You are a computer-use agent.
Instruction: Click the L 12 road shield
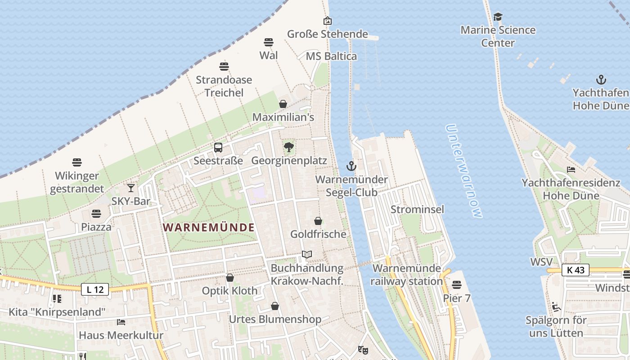(x=95, y=290)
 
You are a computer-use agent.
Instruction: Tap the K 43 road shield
(x=576, y=270)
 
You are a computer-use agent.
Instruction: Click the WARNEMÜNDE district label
(x=209, y=227)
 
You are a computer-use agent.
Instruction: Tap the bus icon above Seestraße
(x=218, y=147)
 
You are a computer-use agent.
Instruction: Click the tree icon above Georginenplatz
(x=289, y=147)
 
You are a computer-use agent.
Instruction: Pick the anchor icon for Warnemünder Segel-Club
(x=351, y=166)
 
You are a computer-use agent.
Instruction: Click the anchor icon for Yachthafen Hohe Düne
(x=601, y=80)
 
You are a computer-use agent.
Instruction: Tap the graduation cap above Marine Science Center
(x=498, y=17)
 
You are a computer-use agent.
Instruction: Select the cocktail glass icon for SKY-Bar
(x=131, y=188)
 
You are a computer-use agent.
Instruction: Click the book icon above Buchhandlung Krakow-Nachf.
(x=307, y=255)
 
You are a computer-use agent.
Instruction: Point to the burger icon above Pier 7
(x=457, y=285)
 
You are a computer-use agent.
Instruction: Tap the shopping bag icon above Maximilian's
(x=283, y=104)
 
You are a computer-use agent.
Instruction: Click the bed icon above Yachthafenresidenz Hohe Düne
(x=571, y=170)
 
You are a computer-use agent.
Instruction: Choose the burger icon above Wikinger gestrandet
(x=77, y=162)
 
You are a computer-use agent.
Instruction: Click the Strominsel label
(x=417, y=209)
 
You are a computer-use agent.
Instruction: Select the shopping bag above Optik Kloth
(x=230, y=278)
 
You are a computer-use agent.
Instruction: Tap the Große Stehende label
(x=328, y=34)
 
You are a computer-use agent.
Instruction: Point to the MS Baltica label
(x=331, y=56)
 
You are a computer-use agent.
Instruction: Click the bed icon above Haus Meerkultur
(x=121, y=322)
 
